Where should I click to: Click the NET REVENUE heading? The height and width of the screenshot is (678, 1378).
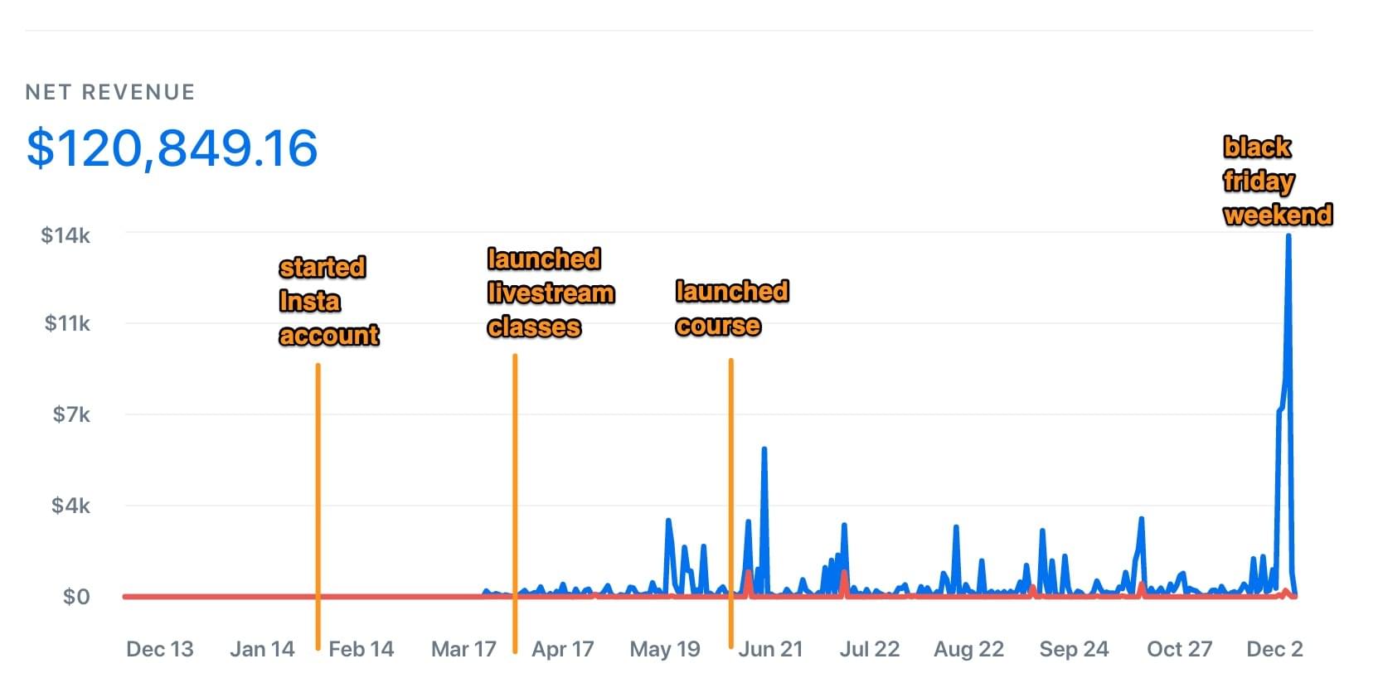pos(110,92)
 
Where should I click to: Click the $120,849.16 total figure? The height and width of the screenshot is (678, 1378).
pos(172,148)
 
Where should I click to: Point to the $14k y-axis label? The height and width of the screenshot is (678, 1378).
pos(66,235)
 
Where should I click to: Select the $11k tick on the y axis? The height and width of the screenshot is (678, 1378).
pos(67,323)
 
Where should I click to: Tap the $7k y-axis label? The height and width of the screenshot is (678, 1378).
pos(71,414)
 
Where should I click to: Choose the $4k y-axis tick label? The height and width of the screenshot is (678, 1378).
pos(70,506)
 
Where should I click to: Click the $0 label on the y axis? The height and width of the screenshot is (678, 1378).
pos(76,597)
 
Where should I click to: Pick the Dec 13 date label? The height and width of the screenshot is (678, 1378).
pos(159,649)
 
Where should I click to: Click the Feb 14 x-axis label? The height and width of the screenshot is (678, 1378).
pos(361,649)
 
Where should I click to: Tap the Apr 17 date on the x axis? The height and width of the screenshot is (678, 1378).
pos(562,649)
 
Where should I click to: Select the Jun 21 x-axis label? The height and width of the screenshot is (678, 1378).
pos(770,649)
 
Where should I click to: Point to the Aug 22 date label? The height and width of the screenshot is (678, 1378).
pos(968,649)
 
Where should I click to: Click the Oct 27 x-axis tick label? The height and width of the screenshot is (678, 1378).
pos(1179,649)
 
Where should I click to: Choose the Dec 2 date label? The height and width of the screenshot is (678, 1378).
pos(1274,649)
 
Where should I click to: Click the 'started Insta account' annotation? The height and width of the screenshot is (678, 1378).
pos(328,301)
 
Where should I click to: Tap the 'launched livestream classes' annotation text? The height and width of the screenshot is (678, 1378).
pos(551,293)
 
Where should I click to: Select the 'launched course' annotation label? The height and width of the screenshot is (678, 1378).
pos(731,308)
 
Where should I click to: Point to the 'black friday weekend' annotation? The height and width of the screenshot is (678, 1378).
pos(1277,181)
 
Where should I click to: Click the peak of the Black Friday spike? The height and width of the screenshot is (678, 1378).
pos(1288,236)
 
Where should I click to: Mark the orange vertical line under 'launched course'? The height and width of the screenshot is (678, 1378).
pos(730,497)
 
